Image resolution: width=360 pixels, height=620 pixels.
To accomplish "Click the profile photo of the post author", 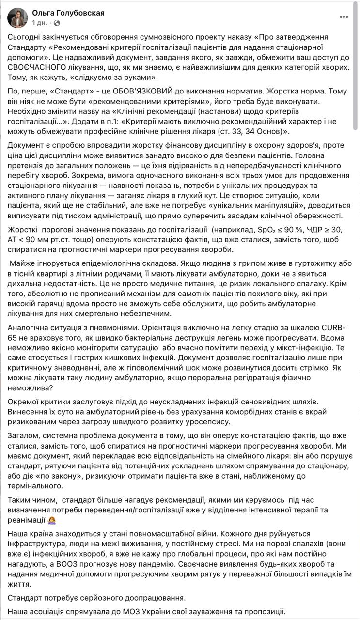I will pyautogui.click(x=17, y=17).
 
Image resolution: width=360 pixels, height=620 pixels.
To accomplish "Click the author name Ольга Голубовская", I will pyautogui.click(x=68, y=13).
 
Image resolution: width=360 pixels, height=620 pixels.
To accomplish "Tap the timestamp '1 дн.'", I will pyautogui.click(x=40, y=23).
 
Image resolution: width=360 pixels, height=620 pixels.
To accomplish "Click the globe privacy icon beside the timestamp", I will pyautogui.click(x=57, y=23).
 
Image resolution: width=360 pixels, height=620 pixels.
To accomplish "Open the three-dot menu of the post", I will pyautogui.click(x=344, y=17).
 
